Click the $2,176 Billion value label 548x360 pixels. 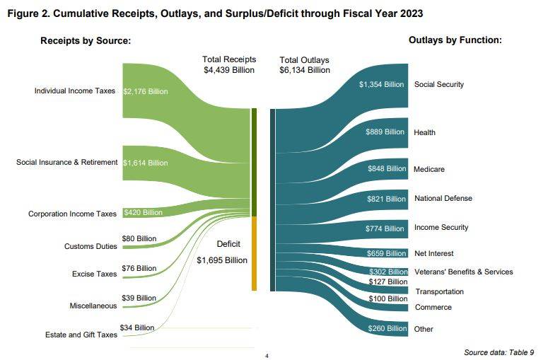[x=145, y=91]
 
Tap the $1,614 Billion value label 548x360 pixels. [x=145, y=163]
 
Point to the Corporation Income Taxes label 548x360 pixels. [x=72, y=214]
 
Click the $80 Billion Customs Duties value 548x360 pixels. [x=139, y=238]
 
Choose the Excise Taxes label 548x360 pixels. [x=95, y=274]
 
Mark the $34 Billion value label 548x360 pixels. [x=137, y=327]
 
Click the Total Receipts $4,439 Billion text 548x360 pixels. [x=228, y=65]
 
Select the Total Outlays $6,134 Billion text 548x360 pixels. [x=305, y=65]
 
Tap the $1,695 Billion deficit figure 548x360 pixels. [x=222, y=260]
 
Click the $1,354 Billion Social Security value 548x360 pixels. [x=381, y=85]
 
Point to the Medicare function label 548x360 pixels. [x=429, y=170]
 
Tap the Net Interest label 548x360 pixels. [x=433, y=253]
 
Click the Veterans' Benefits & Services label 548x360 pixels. [x=463, y=272]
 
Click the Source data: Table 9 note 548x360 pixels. [x=498, y=352]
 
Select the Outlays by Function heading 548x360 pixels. [x=455, y=40]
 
